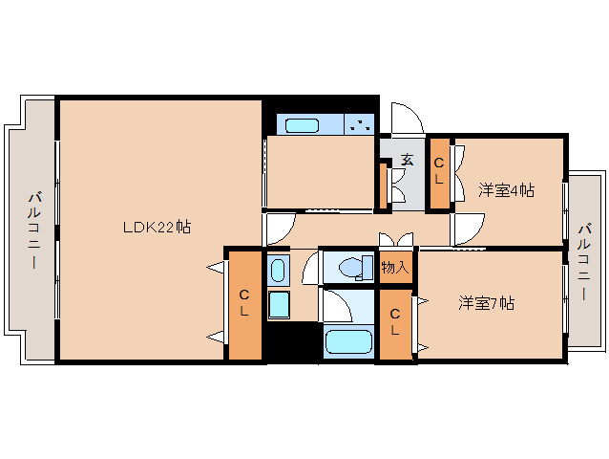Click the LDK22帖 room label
[x=157, y=227]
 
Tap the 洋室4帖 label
[x=506, y=190]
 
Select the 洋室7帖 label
[x=487, y=303]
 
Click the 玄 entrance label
[x=407, y=160]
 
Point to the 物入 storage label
[x=395, y=268]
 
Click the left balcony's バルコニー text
[x=34, y=229]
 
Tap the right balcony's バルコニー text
[x=584, y=261]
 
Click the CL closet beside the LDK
[x=244, y=304]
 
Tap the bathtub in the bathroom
[x=348, y=341]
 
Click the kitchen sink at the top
[x=303, y=125]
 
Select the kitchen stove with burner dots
[x=360, y=124]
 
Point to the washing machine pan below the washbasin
[x=279, y=305]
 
